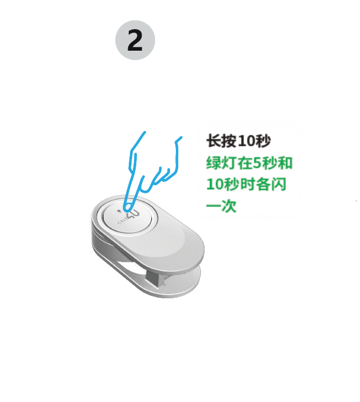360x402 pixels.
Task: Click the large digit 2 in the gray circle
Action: pos(135,40)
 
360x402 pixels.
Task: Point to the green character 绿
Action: pos(214,163)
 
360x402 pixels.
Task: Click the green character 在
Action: pos(245,163)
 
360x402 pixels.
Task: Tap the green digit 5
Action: pos(257,163)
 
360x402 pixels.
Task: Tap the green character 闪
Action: pos(278,184)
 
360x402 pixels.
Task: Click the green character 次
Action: pos(229,206)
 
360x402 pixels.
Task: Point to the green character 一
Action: pos(214,206)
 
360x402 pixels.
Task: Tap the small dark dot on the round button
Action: pos(119,211)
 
